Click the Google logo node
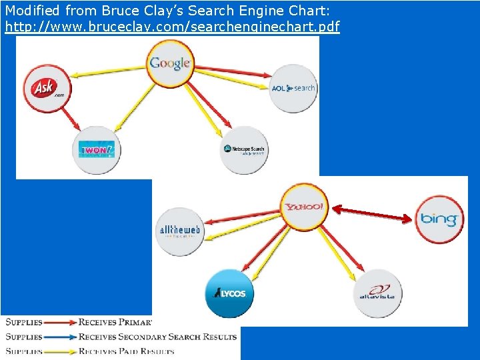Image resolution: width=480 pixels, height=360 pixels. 170,63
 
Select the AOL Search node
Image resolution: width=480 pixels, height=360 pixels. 293,88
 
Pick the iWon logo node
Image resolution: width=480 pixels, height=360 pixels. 97,149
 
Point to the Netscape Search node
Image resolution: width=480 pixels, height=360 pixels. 243,150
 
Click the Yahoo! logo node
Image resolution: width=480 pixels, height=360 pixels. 304,207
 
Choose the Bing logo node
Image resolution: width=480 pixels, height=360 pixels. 439,219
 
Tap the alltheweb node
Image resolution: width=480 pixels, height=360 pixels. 179,231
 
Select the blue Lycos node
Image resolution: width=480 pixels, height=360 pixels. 230,293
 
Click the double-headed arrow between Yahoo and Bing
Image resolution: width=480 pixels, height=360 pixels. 372,214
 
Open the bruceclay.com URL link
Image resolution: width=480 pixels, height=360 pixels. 172,27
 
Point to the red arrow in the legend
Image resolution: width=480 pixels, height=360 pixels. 60,323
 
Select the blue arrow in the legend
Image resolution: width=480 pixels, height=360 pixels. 60,337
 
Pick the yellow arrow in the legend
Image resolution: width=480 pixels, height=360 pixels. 60,351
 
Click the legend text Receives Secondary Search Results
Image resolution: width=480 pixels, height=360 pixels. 157,337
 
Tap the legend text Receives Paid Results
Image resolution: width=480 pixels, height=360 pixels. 126,351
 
